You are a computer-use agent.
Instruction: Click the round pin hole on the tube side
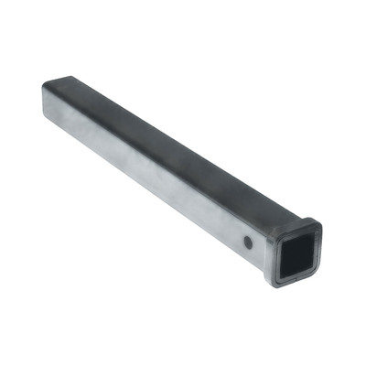click(x=249, y=242)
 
